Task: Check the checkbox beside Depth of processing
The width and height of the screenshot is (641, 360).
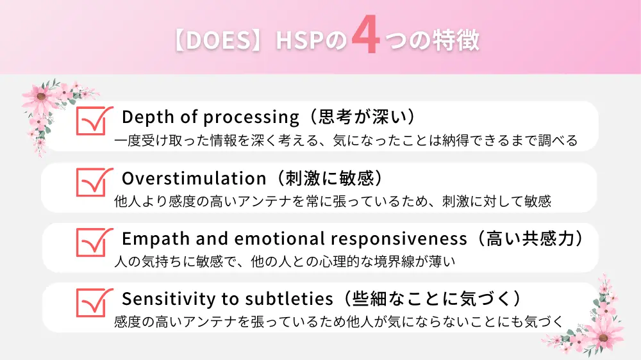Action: (92, 120)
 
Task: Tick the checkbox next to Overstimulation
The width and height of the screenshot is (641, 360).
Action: (92, 181)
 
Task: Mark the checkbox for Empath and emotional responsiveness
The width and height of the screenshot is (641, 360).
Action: (92, 241)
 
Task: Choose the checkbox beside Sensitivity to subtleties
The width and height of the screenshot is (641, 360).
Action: (92, 301)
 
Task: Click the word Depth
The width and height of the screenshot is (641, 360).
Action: (145, 117)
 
